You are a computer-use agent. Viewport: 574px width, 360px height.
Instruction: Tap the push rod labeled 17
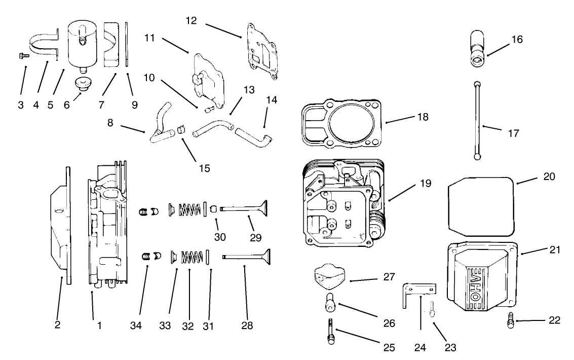(477, 122)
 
